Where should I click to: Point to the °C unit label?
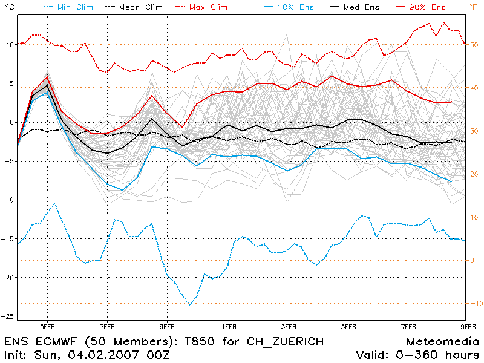(7, 7)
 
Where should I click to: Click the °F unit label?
(473, 7)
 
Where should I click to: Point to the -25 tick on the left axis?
(8, 316)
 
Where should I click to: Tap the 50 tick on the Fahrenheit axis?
(474, 45)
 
